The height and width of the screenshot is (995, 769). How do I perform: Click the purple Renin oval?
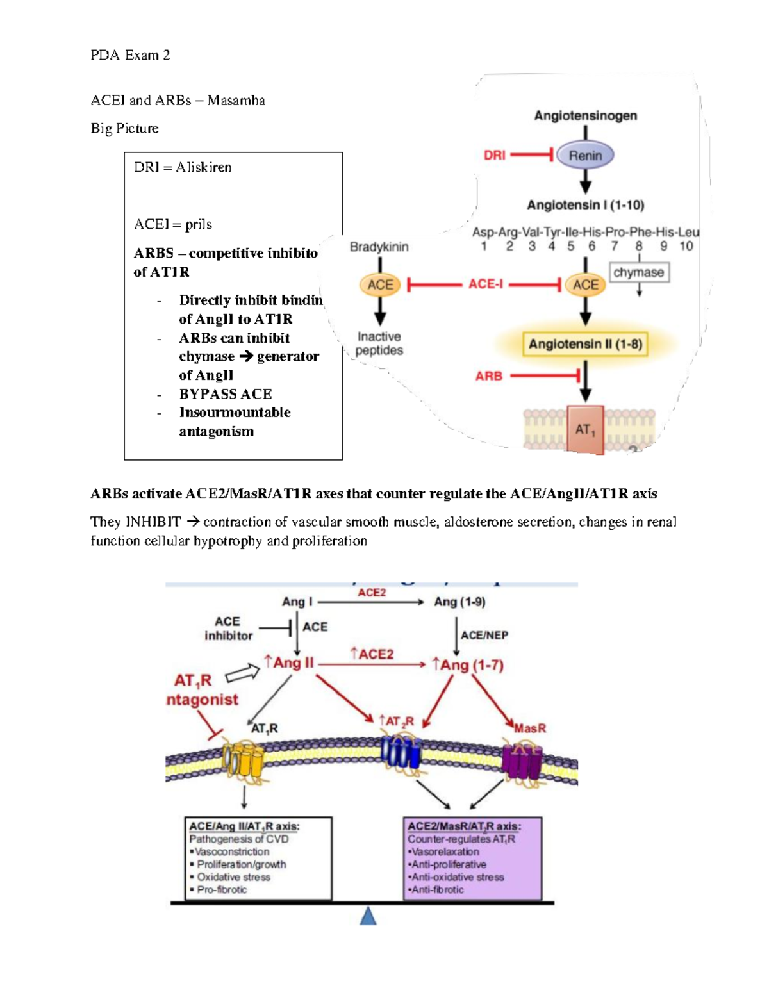click(x=585, y=155)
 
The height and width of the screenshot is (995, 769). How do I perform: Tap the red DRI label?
click(x=494, y=155)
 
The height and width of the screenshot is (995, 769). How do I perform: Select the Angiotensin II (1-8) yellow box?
click(x=585, y=344)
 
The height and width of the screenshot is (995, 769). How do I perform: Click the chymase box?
click(x=638, y=272)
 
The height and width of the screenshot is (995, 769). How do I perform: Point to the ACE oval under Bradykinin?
click(x=380, y=284)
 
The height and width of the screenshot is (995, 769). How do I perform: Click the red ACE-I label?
click(x=485, y=284)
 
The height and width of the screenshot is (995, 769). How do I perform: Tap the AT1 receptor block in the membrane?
click(x=585, y=429)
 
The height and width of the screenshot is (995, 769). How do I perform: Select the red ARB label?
click(x=488, y=376)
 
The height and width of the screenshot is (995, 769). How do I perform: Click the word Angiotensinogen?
click(x=585, y=115)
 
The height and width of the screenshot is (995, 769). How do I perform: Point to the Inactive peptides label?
click(x=379, y=343)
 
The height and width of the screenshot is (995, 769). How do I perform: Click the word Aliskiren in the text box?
click(x=204, y=167)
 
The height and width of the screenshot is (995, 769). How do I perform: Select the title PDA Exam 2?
click(x=130, y=55)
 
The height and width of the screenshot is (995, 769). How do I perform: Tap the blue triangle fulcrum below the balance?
click(x=368, y=916)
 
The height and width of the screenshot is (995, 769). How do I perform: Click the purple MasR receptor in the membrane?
click(x=522, y=761)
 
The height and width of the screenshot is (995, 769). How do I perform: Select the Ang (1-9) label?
click(x=459, y=602)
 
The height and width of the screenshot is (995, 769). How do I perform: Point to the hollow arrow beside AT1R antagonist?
click(x=242, y=673)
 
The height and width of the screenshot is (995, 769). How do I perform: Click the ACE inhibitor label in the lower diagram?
click(x=228, y=629)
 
